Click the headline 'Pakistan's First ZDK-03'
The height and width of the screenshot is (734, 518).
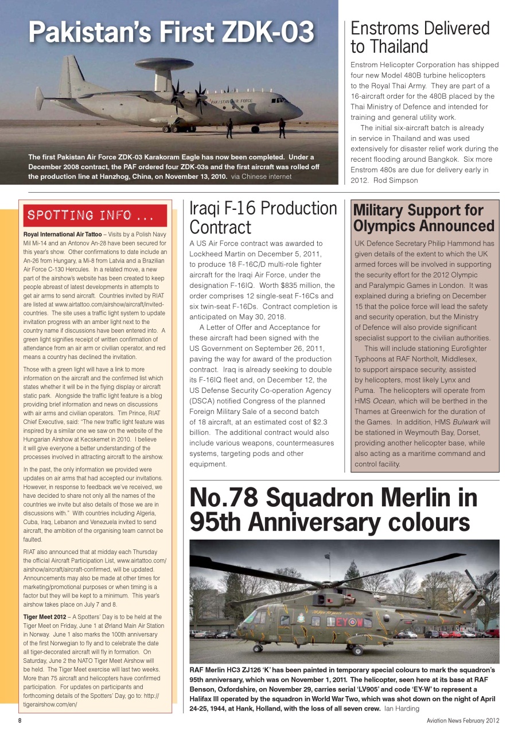click(172, 32)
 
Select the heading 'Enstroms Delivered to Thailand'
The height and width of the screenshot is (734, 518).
click(419, 37)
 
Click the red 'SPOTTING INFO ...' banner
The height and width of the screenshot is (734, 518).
click(95, 216)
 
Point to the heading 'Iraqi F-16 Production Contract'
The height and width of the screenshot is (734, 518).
click(263, 218)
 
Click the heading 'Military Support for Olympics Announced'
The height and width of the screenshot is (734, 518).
click(424, 218)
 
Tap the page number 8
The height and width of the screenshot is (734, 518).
click(20, 721)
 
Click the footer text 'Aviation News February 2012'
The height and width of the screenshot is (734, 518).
click(462, 721)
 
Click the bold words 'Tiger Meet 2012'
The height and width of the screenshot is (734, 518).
click(43, 616)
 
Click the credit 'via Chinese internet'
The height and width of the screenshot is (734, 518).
click(261, 177)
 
